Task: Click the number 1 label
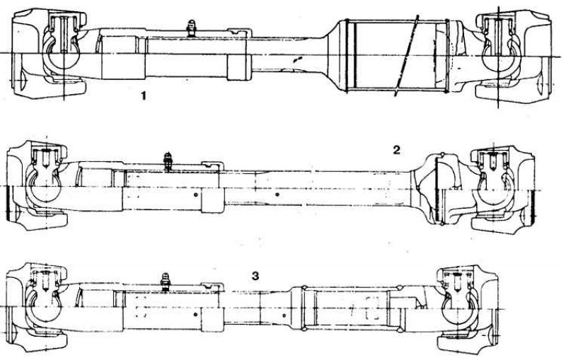click(144, 96)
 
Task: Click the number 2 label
click(396, 150)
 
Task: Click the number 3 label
click(255, 277)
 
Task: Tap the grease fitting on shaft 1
click(191, 28)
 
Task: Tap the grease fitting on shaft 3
click(165, 281)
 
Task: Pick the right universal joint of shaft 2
click(502, 190)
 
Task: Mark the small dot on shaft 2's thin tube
click(277, 194)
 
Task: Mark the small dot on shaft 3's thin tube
click(284, 315)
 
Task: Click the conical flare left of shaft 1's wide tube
click(332, 55)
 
